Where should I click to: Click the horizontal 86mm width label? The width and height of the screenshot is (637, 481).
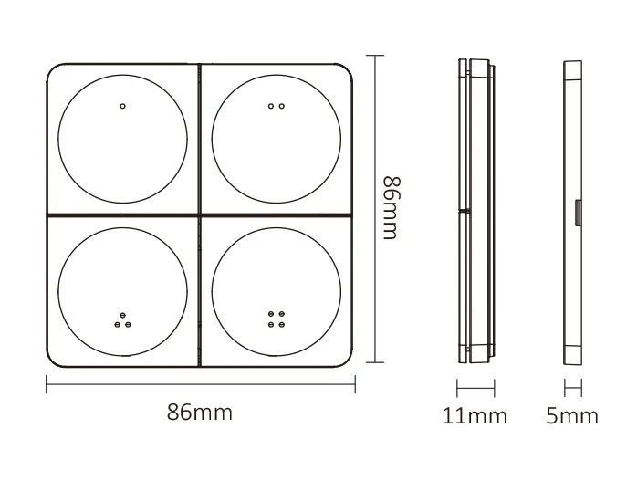click(200, 413)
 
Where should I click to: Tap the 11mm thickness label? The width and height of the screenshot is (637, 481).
click(475, 416)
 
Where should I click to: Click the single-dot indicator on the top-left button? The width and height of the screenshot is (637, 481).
click(123, 106)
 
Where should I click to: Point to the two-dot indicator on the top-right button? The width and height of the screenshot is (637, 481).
click(277, 106)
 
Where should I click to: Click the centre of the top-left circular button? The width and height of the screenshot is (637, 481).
click(123, 138)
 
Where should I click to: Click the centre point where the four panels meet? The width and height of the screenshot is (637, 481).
click(200, 214)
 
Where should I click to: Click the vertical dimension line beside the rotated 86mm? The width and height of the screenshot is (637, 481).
click(370, 212)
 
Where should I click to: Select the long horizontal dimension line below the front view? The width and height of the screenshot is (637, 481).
click(200, 385)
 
